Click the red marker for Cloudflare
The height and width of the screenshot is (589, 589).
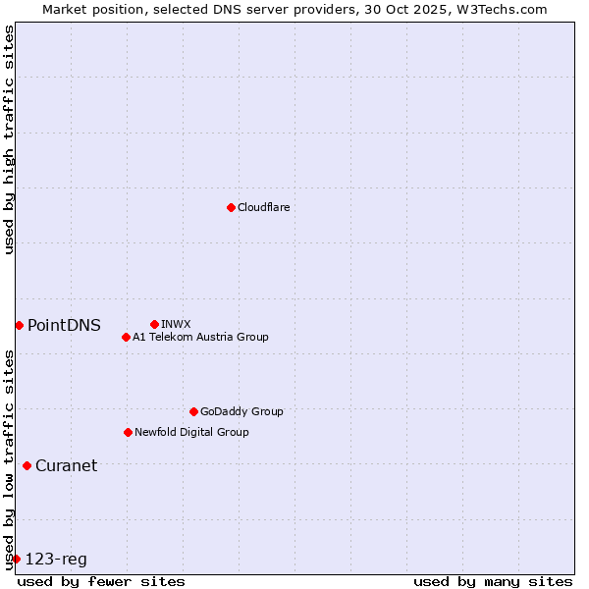tap(231, 207)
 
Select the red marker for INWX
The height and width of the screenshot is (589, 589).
tap(154, 324)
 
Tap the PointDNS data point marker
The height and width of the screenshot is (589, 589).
tap(19, 325)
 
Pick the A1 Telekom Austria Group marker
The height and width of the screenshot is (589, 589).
tap(126, 337)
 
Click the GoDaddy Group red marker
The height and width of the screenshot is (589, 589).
tap(193, 411)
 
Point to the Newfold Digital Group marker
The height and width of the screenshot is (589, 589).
tap(128, 432)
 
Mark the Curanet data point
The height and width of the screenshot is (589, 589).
tap(27, 465)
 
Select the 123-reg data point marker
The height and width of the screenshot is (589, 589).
tap(16, 559)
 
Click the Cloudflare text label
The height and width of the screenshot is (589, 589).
tap(264, 207)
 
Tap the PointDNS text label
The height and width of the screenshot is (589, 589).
tap(64, 325)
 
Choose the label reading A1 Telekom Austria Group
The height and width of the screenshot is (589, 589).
tap(200, 337)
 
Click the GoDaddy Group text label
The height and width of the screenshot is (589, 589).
tap(241, 411)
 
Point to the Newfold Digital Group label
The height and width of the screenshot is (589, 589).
tap(191, 432)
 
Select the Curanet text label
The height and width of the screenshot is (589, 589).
tap(66, 465)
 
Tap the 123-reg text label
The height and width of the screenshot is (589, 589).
tap(56, 559)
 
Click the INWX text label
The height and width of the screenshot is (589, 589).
tap(176, 324)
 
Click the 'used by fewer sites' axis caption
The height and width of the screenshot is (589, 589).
tap(101, 581)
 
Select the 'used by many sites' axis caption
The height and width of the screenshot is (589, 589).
tap(493, 581)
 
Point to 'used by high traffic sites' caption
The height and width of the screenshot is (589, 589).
tap(9, 139)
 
